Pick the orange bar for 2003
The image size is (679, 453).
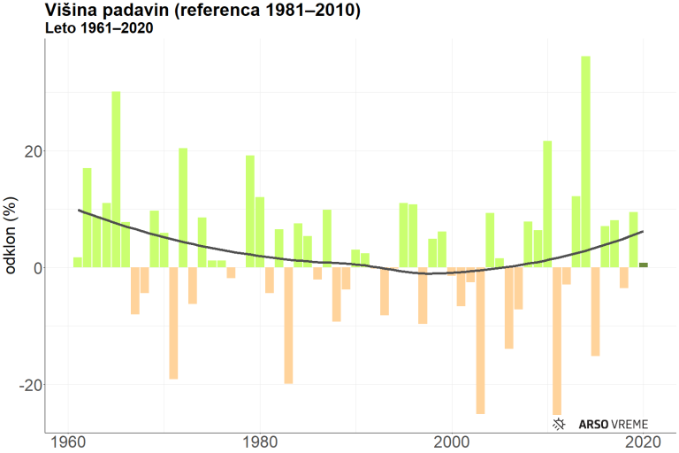pyautogui.click(x=480, y=340)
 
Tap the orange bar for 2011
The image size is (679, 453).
pyautogui.click(x=557, y=340)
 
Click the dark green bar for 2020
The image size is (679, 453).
pyautogui.click(x=644, y=265)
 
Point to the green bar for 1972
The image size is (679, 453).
pyautogui.click(x=183, y=207)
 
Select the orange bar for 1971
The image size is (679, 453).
pyautogui.click(x=173, y=323)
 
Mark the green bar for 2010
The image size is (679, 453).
pyautogui.click(x=547, y=203)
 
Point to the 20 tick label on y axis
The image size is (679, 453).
pyautogui.click(x=33, y=151)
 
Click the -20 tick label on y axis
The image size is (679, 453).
pyautogui.click(x=30, y=385)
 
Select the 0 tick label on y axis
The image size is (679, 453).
pyautogui.click(x=38, y=268)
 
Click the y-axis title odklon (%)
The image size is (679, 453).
pyautogui.click(x=12, y=238)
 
